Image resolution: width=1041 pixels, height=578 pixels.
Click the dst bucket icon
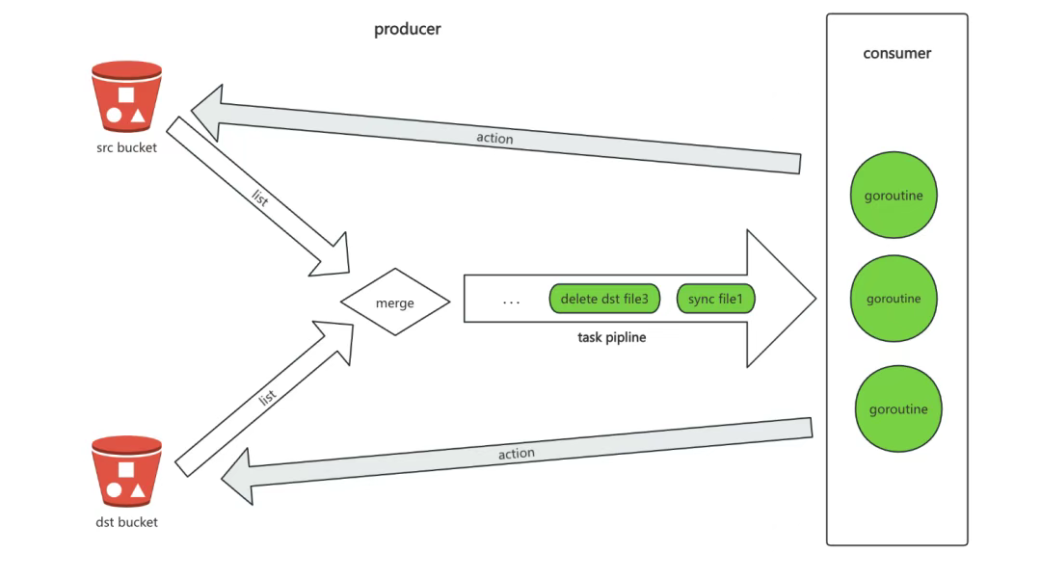pos(126,471)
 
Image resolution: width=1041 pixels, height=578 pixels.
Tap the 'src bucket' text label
pos(126,148)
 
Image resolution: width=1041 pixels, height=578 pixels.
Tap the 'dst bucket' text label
pos(126,522)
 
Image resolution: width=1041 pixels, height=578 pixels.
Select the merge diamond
pos(395,302)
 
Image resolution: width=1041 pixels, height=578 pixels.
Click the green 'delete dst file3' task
pos(604,300)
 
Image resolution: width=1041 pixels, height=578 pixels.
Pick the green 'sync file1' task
pos(715,300)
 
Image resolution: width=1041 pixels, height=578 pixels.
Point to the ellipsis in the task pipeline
pos(511,302)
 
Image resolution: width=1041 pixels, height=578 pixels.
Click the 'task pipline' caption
pos(611,337)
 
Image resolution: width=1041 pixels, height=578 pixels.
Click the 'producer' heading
pos(407,29)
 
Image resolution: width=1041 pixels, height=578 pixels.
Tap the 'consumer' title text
pos(896,54)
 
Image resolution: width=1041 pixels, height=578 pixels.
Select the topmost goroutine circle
pos(894,196)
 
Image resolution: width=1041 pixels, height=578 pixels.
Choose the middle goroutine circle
pos(894,299)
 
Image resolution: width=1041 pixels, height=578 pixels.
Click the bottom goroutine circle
pos(897,409)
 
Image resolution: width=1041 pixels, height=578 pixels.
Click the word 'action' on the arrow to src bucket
pos(494,138)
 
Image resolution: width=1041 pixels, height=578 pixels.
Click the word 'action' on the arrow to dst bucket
pos(517,453)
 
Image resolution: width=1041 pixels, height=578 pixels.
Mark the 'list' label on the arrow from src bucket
pos(259,198)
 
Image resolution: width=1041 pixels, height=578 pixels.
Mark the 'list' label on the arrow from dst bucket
pos(268,396)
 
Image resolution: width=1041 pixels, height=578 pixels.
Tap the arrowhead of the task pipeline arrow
pos(781,299)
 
